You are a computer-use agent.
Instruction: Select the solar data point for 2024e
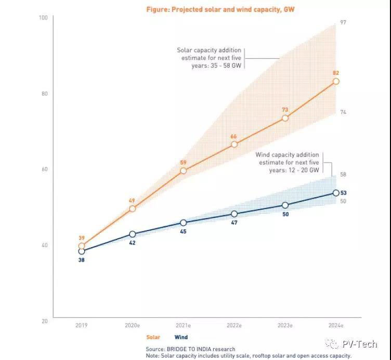(336, 81)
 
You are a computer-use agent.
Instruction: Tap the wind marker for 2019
(81, 251)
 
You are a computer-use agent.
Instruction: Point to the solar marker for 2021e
(183, 171)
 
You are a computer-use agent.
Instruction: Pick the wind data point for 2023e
(285, 205)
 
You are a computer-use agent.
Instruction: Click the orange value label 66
(234, 136)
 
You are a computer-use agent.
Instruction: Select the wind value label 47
(234, 222)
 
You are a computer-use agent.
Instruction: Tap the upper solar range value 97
(343, 22)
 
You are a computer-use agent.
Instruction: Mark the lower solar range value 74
(343, 112)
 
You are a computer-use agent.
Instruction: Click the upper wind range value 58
(343, 174)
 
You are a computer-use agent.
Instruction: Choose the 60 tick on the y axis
(44, 170)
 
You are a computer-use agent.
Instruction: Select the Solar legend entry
(153, 337)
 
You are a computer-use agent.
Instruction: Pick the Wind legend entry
(181, 337)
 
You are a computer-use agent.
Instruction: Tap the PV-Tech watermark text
(359, 344)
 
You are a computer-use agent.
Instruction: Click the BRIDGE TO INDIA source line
(190, 349)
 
